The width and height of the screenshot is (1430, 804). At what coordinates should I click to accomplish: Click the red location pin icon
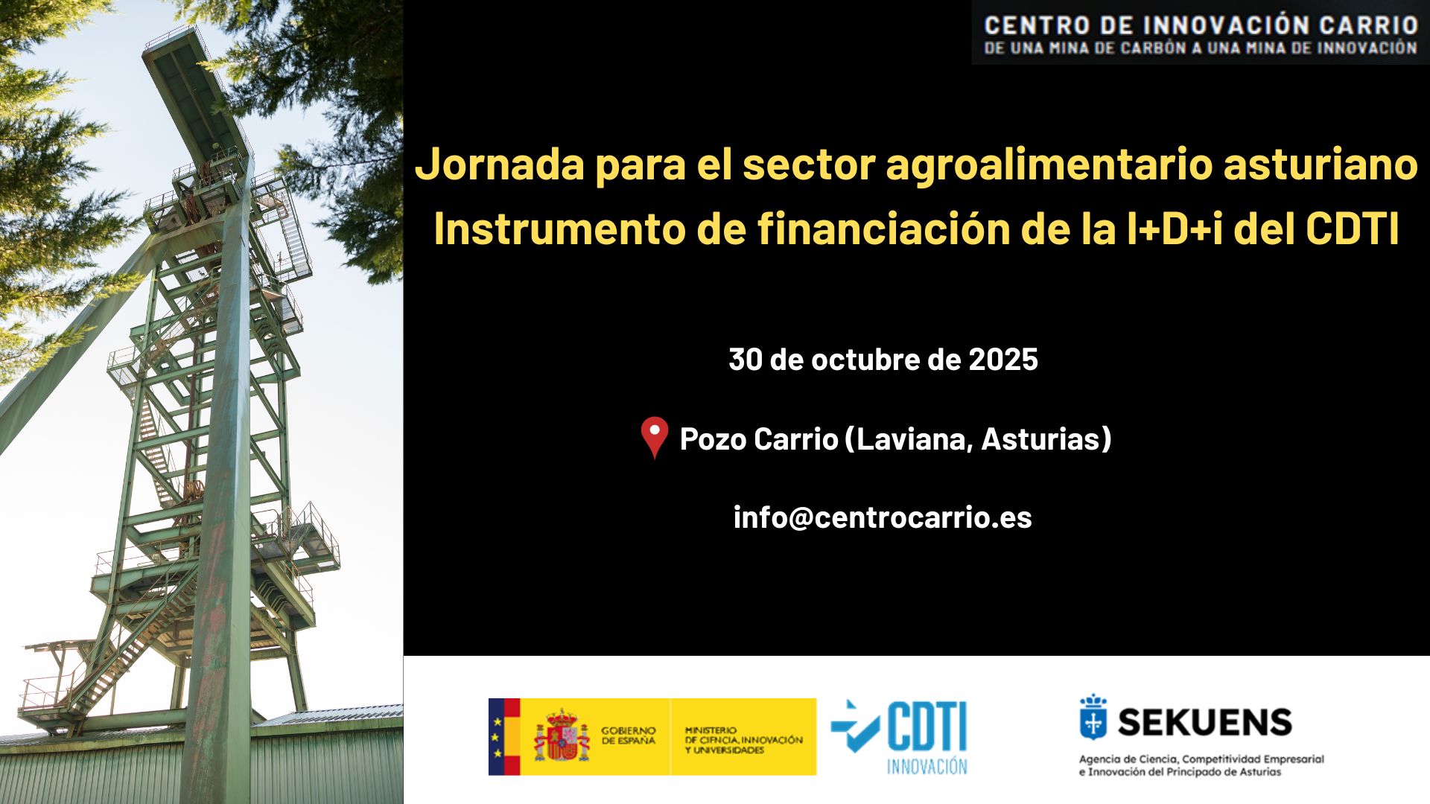[655, 438]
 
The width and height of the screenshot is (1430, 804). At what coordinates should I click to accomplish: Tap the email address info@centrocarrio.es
[883, 517]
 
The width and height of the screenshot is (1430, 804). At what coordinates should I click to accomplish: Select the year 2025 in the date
[1003, 360]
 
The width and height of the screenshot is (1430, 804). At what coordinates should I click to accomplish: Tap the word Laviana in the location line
[915, 439]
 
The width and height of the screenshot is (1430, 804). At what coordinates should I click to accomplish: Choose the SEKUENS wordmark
[1205, 722]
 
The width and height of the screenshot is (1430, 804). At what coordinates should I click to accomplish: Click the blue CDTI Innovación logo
[899, 736]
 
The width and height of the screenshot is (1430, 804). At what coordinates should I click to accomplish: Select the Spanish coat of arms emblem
[562, 736]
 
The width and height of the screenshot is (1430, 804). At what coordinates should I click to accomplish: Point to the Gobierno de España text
[629, 736]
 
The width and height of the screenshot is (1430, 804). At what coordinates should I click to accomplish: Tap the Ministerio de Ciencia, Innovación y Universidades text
[743, 740]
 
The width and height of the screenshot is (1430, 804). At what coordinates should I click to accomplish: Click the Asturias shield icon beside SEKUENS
[1093, 717]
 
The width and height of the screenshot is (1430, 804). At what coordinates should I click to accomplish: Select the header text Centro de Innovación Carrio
[1201, 25]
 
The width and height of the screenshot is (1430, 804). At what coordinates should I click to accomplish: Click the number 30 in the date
[746, 360]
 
